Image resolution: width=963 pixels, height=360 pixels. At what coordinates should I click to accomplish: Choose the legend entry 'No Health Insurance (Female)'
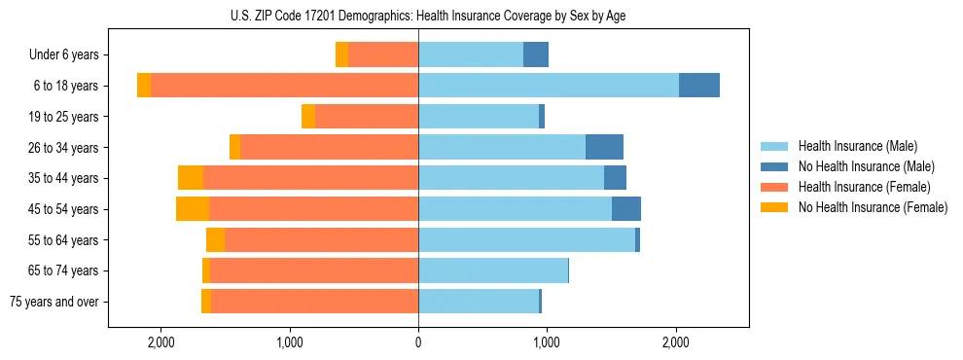click(x=873, y=207)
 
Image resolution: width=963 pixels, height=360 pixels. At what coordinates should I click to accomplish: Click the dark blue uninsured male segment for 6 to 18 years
click(x=698, y=86)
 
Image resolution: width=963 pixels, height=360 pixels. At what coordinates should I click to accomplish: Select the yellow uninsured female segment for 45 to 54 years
click(x=193, y=209)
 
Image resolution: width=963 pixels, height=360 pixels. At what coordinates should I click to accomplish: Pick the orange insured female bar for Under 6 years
click(x=383, y=55)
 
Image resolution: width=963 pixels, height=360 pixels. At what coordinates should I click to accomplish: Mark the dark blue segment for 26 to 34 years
click(x=604, y=148)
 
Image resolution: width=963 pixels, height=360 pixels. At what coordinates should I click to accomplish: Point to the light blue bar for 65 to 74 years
click(x=492, y=270)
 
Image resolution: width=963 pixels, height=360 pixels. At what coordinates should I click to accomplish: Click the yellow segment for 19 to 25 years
click(x=308, y=117)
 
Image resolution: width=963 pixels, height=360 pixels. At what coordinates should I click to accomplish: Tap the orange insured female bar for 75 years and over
click(x=314, y=302)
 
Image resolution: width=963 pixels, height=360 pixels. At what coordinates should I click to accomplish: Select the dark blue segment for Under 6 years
click(x=536, y=55)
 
